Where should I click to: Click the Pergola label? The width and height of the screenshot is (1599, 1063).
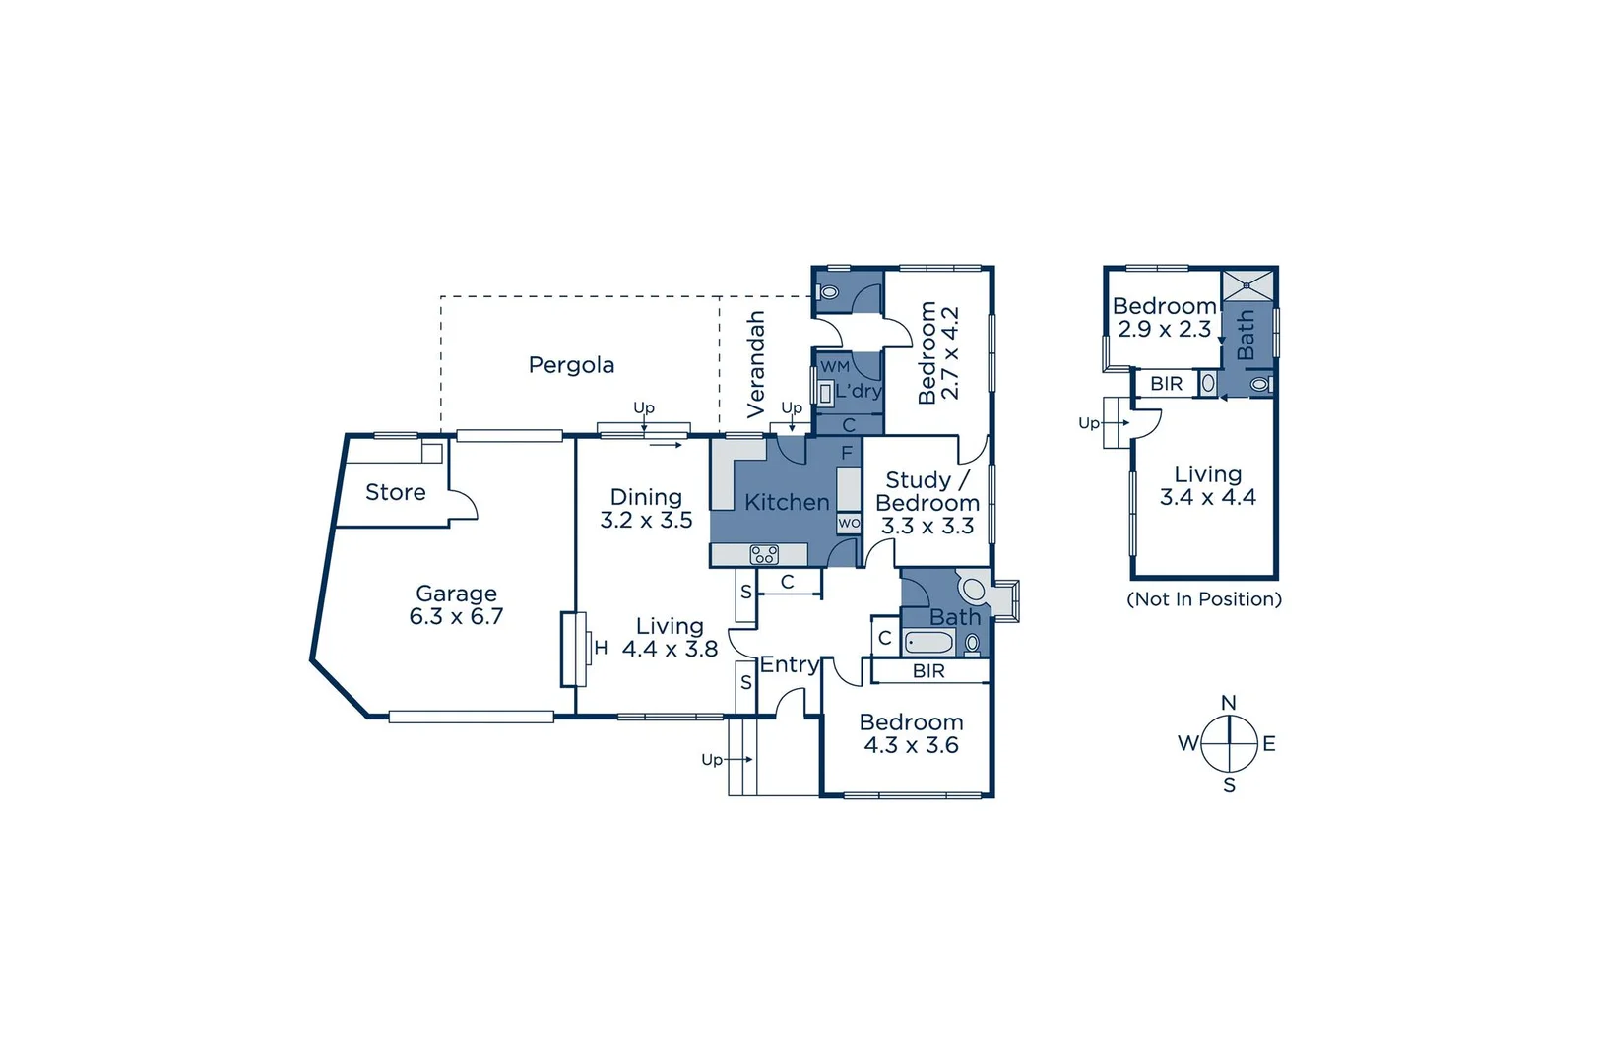pos(571,365)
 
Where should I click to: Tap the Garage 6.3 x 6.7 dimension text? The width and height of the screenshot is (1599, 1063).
pos(456,617)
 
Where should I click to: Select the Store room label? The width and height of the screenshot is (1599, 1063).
pos(395,492)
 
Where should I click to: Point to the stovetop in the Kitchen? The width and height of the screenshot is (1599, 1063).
pos(764,555)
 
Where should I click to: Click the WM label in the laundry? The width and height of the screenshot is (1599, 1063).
pos(835,366)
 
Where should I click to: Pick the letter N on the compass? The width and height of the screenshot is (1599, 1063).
pos(1228,703)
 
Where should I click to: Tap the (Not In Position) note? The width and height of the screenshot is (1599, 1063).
pos(1204,599)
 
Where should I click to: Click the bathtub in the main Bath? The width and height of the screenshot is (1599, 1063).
pos(928,643)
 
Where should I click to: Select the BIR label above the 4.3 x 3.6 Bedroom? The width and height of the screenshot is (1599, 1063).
pos(928,671)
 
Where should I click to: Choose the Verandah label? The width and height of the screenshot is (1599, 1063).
pos(756,364)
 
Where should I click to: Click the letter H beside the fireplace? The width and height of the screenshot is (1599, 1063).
pos(601,648)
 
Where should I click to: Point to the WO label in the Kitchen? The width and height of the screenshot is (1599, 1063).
pos(849,524)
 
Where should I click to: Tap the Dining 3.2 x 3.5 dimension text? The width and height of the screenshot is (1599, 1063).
pos(646,521)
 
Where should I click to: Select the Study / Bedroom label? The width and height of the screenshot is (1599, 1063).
pos(927,491)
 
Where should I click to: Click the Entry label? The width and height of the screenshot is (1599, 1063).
pos(789,664)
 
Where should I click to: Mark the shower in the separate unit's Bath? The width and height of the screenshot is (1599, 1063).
pos(1247,285)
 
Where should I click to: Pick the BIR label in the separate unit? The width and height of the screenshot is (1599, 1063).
pos(1166,384)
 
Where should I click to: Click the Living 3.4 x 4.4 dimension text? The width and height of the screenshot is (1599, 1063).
pos(1207,498)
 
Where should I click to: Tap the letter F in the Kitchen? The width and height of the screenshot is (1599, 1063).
pos(847,454)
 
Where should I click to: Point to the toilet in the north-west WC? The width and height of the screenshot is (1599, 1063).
pos(829,292)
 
